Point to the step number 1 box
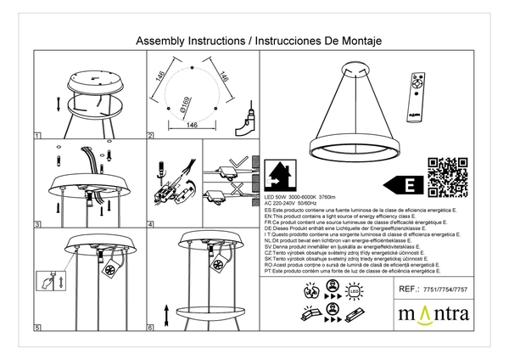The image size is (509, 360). (37, 136)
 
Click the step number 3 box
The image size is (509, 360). (37, 225)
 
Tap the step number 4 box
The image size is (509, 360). (150, 225)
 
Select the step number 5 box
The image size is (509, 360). (37, 327)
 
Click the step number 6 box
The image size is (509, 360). (150, 327)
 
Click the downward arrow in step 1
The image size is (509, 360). (57, 104)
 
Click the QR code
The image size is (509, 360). (447, 177)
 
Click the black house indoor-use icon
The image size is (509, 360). (278, 176)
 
